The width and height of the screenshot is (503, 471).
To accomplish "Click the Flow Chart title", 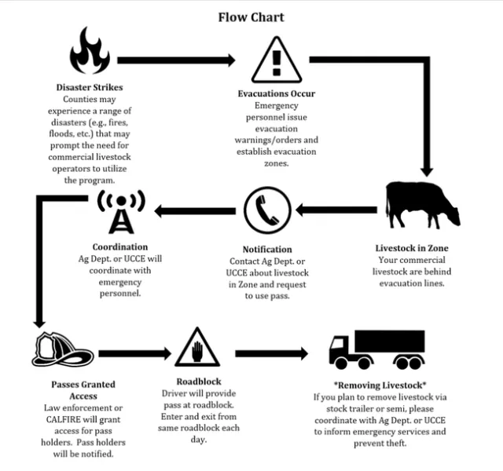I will (x=251, y=16).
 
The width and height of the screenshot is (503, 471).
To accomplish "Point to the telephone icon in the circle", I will (x=267, y=210).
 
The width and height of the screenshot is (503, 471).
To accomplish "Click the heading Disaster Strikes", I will (x=90, y=87).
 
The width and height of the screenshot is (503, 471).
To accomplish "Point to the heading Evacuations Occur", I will (x=276, y=93).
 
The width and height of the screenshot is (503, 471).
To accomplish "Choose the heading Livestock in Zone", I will (x=412, y=248).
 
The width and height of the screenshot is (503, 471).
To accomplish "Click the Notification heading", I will (x=267, y=249).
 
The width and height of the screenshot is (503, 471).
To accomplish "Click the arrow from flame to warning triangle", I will (x=176, y=60).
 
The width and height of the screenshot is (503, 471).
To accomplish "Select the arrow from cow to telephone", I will (x=340, y=210).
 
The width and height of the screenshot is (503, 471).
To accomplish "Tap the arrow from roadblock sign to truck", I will (x=271, y=352).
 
